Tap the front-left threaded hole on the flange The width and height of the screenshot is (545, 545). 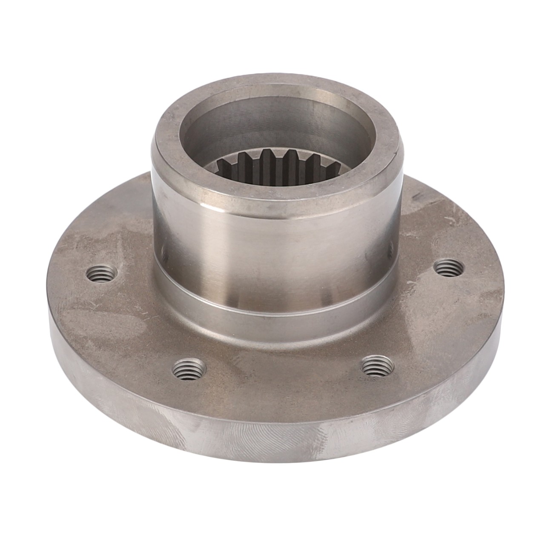(x=189, y=367)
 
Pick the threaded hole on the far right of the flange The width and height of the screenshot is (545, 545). (x=449, y=268)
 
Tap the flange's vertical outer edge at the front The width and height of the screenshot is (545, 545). (x=272, y=439)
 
